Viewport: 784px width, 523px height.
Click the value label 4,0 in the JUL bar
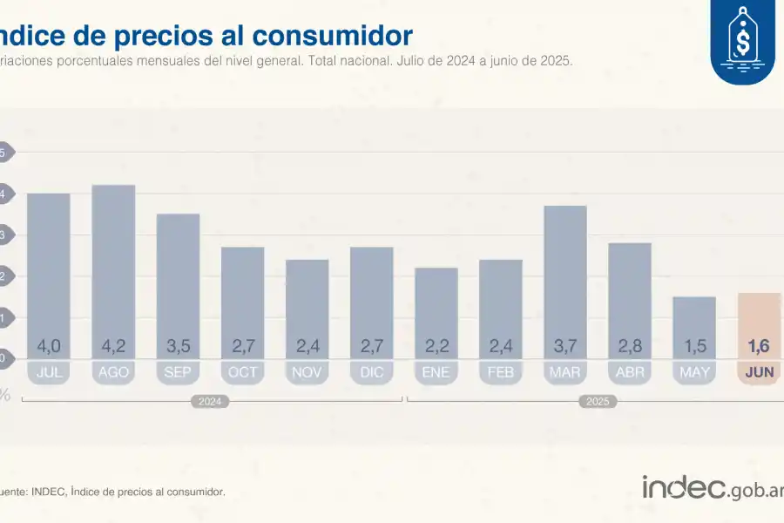point(49,346)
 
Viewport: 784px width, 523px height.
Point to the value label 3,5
point(178,346)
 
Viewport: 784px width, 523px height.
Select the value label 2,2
point(436,346)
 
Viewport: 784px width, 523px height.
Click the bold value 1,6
point(759,346)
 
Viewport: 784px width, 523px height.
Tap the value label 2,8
point(630,346)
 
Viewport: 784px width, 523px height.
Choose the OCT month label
point(242,372)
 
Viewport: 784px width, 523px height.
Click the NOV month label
point(307,372)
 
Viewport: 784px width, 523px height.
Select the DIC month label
point(372,372)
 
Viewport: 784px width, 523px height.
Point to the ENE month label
point(436,372)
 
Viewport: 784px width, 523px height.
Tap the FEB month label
point(501,372)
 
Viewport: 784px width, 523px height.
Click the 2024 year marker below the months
point(210,402)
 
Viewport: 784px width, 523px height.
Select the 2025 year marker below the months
point(598,402)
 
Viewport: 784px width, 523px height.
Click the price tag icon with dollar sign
point(742,42)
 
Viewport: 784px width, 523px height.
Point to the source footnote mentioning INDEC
point(113,492)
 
